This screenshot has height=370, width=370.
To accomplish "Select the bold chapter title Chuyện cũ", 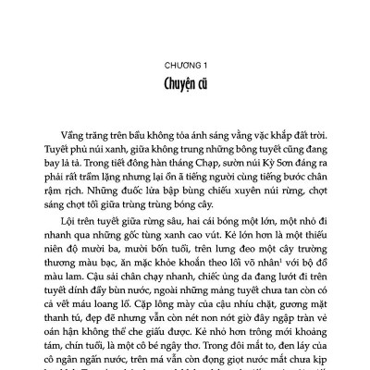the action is click(x=185, y=89).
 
